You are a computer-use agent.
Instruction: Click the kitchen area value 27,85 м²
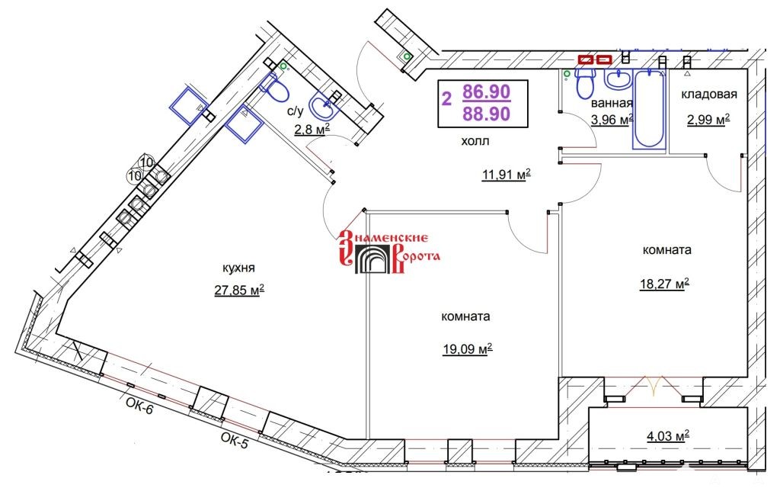click(239, 289)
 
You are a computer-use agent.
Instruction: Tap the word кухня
click(238, 268)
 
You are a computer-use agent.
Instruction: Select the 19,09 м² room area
click(468, 348)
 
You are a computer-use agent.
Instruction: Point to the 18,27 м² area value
click(664, 284)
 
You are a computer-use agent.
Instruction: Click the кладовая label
click(709, 94)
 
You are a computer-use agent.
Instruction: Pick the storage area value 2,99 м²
click(708, 120)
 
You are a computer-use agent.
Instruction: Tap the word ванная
click(612, 103)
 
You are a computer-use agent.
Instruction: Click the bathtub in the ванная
click(649, 109)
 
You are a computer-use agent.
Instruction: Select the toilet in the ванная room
click(584, 82)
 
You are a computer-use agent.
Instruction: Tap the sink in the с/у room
click(323, 104)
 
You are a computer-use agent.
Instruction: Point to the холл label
click(475, 141)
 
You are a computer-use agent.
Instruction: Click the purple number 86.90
click(487, 91)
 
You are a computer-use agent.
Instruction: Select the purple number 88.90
click(487, 114)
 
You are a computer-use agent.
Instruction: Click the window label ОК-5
click(234, 441)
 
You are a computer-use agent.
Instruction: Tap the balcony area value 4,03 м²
click(667, 436)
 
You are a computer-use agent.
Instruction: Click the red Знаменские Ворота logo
click(389, 252)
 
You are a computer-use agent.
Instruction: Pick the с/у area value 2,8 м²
click(312, 130)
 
